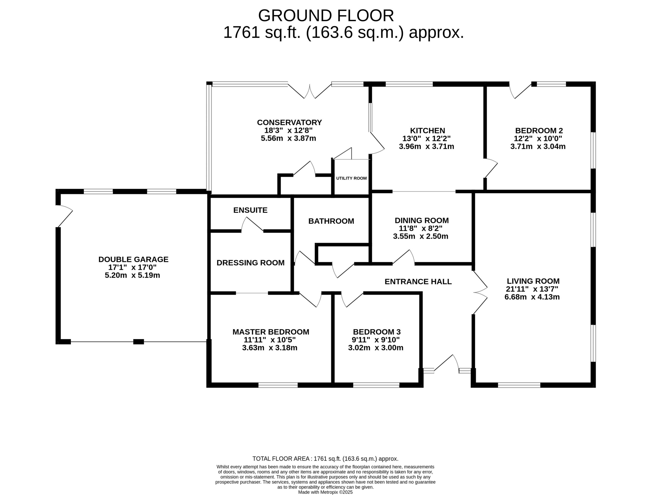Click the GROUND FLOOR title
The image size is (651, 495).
326,16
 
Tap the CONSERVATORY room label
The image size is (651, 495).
289,122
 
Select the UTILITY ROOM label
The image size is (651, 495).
351,178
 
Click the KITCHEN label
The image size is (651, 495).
427,131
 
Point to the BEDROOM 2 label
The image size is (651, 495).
539,131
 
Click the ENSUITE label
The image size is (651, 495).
250,210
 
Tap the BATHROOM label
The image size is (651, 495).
331,221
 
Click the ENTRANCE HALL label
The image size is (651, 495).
418,281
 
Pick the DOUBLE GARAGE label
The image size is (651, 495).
133,259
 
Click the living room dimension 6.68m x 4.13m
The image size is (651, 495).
532,297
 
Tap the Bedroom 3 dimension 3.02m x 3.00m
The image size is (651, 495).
376,348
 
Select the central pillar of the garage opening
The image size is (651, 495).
138,342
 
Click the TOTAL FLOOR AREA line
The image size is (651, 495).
325,459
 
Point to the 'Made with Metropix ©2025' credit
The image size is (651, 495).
325,492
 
